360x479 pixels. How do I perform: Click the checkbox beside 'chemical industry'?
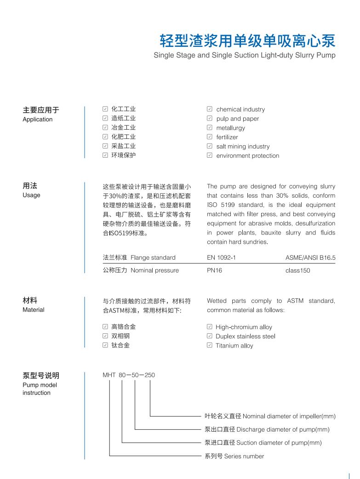tap(210, 109)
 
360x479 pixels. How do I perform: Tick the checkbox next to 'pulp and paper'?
tap(210, 119)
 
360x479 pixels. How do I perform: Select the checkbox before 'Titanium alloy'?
tap(210, 345)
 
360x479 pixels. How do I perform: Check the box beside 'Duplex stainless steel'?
tap(210, 336)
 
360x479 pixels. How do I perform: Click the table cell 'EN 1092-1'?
tap(221, 258)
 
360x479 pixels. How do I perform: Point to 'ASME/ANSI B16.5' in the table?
tap(310, 258)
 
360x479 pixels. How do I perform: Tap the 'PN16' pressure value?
tap(214, 270)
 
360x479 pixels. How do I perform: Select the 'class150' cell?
tap(297, 270)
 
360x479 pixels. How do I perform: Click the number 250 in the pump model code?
tap(149, 375)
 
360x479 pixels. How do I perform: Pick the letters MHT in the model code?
tap(109, 375)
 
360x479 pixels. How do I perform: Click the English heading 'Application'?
tap(37, 120)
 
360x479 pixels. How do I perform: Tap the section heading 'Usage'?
tap(31, 195)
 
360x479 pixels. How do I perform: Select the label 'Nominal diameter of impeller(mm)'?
tap(289, 416)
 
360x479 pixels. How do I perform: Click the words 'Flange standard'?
tap(153, 258)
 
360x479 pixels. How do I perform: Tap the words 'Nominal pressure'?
tap(154, 270)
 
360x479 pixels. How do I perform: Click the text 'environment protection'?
tap(248, 156)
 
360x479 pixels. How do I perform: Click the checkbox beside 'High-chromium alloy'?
tap(210, 327)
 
